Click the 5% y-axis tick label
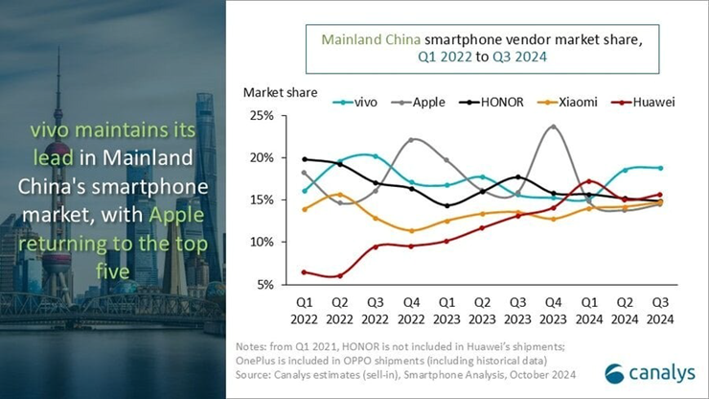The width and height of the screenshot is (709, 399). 263,284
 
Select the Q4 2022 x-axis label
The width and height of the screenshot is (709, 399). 411,311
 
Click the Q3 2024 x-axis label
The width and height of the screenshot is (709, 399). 660,311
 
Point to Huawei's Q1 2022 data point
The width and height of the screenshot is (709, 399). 305,272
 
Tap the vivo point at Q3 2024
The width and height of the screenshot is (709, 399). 660,168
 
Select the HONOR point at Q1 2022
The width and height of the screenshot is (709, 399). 305,159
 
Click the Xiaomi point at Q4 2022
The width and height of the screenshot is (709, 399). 411,230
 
